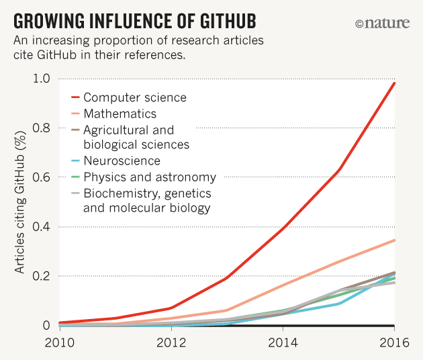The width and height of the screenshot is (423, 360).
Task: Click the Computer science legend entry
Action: (135, 97)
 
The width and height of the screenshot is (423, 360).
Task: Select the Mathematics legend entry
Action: (120, 114)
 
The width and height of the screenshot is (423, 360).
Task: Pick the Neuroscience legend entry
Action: (122, 161)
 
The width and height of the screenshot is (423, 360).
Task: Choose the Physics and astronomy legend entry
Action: (149, 177)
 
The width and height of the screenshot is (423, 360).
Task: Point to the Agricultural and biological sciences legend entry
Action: (136, 137)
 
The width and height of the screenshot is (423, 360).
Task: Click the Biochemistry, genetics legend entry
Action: (147, 200)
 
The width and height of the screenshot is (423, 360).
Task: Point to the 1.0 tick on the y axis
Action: (42, 79)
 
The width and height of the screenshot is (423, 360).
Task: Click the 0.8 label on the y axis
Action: (42, 128)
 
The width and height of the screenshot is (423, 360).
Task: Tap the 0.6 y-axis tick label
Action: (42, 177)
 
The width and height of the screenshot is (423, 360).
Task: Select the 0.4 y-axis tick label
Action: (42, 227)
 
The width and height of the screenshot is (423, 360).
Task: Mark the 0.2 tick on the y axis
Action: (42, 276)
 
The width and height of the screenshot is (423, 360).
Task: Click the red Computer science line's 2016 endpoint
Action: (394, 83)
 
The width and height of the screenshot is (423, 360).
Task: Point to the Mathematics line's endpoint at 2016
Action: (394, 240)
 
